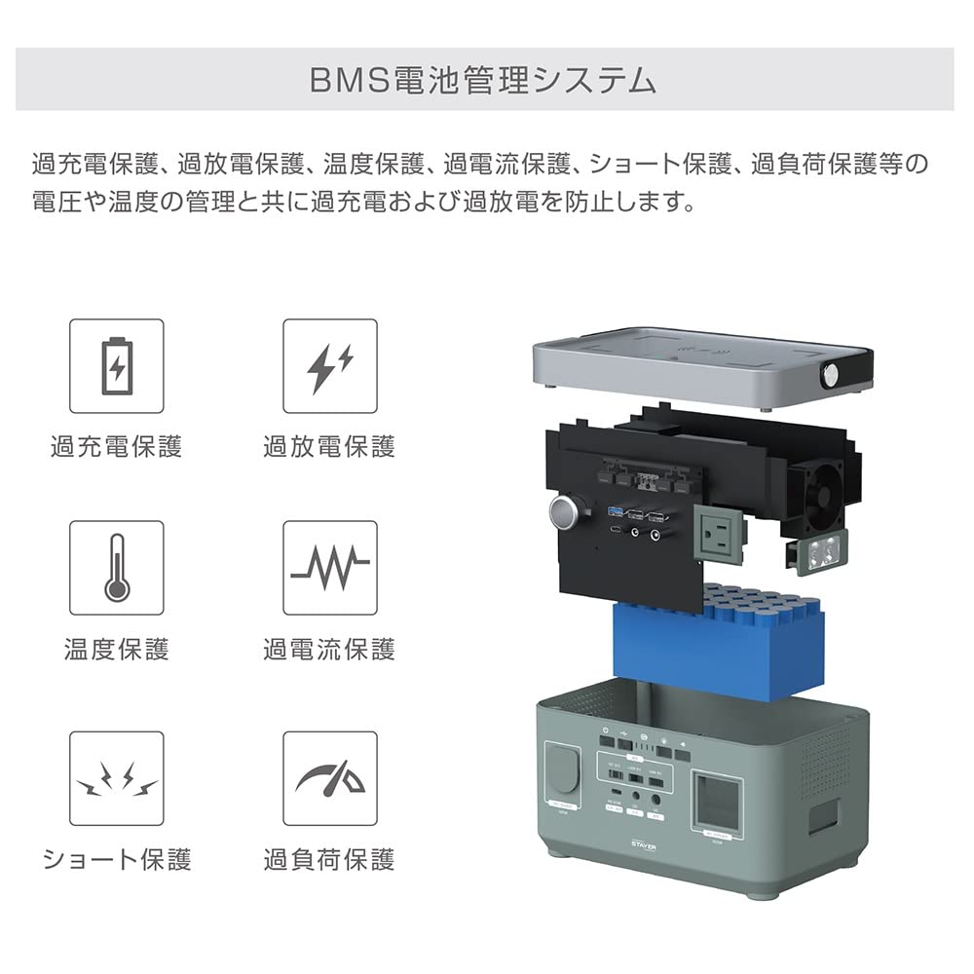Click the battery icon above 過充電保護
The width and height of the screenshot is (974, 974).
click(117, 366)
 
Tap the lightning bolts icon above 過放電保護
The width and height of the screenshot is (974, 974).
click(330, 366)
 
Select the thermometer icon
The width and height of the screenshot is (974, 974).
click(117, 567)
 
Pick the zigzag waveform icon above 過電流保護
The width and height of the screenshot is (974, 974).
click(330, 567)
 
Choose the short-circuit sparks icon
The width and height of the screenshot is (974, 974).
click(117, 778)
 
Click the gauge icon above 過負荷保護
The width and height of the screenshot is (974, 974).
click(330, 778)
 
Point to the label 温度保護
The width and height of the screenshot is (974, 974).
click(117, 649)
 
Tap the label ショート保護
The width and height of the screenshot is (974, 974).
click(117, 859)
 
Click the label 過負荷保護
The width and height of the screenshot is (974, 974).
click(330, 859)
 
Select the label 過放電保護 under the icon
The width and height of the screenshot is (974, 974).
click(330, 447)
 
